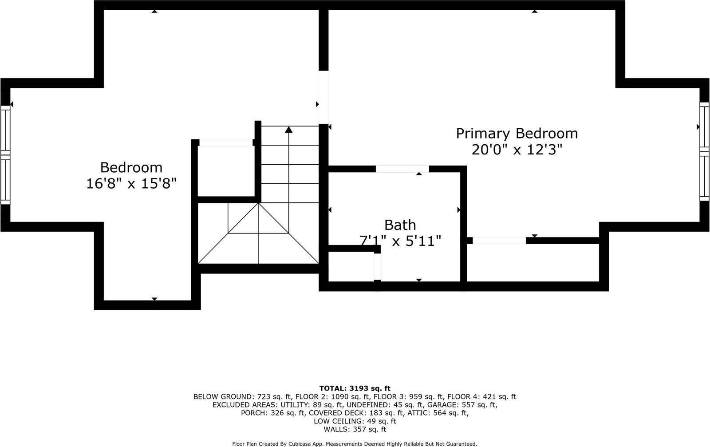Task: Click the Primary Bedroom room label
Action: tap(517, 134)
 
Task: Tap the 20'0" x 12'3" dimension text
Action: tap(517, 150)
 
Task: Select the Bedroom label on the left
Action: tap(131, 167)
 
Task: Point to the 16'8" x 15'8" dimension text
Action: tap(131, 184)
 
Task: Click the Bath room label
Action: tap(400, 225)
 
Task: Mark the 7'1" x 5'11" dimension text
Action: tap(400, 241)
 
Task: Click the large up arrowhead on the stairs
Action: tap(288, 129)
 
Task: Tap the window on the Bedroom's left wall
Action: tap(5, 155)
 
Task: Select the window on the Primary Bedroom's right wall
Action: tap(704, 151)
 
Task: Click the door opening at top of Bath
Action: tap(402, 169)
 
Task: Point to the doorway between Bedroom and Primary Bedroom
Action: tap(323, 97)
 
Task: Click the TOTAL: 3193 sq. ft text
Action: tap(355, 388)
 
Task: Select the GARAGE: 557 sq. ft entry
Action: tap(462, 405)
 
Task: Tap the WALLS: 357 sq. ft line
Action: tap(355, 430)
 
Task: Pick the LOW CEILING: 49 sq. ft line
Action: tap(355, 421)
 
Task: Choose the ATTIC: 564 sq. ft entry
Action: tap(438, 413)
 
